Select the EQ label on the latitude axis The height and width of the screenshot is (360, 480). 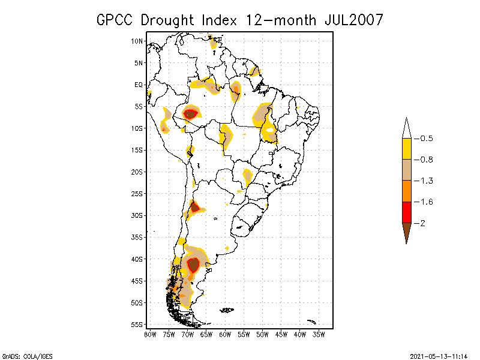[139, 85]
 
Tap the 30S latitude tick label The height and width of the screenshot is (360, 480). [137, 215]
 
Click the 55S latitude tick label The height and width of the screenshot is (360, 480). [137, 325]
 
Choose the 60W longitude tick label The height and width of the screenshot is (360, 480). [225, 334]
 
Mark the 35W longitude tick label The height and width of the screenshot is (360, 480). [319, 334]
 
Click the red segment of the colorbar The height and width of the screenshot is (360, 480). [406, 212]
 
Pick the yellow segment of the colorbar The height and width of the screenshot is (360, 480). [406, 149]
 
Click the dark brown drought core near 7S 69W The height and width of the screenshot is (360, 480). [191, 113]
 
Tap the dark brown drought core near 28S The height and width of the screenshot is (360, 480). [194, 208]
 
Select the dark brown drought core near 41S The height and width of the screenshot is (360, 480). [193, 264]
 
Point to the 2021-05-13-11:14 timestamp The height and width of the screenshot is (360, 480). [439, 355]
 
